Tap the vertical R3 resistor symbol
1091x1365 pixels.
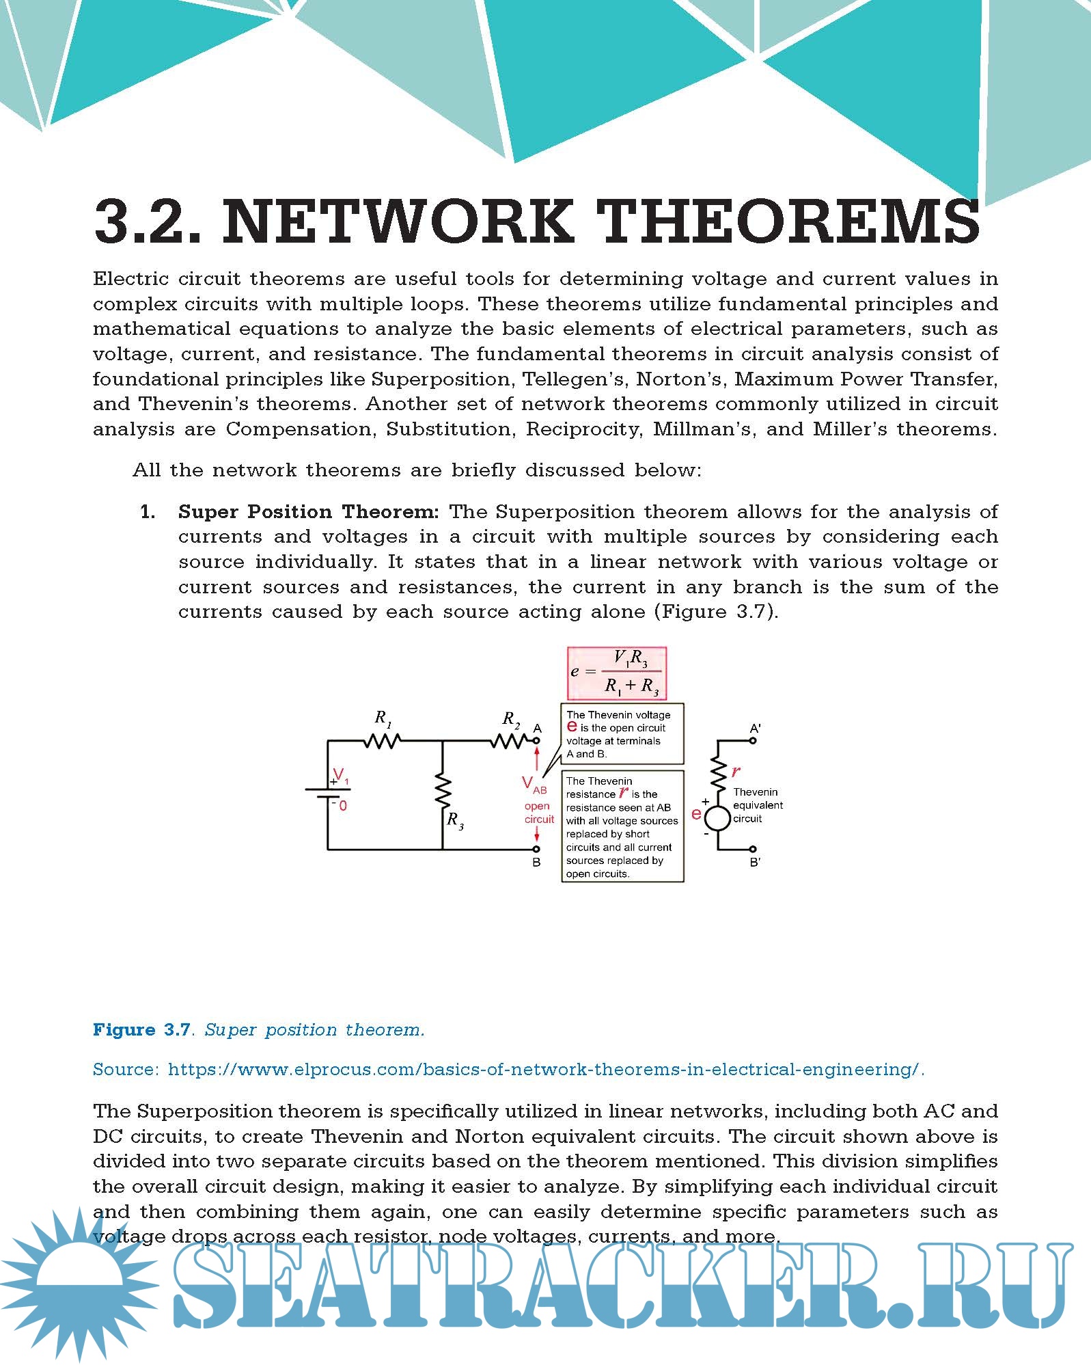[x=443, y=791]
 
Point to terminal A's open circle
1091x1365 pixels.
[x=537, y=740]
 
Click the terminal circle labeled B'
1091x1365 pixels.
[x=754, y=850]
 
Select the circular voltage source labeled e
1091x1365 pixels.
[x=718, y=818]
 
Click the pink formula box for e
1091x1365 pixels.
[x=617, y=673]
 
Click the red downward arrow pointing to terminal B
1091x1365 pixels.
[x=538, y=835]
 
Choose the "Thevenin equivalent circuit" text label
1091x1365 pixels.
[x=758, y=805]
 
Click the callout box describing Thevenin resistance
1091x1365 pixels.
[x=622, y=826]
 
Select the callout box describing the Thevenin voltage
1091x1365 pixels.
[x=622, y=734]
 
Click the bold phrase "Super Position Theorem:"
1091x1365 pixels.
[x=308, y=512]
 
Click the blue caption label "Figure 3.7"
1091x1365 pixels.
[x=141, y=1030]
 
